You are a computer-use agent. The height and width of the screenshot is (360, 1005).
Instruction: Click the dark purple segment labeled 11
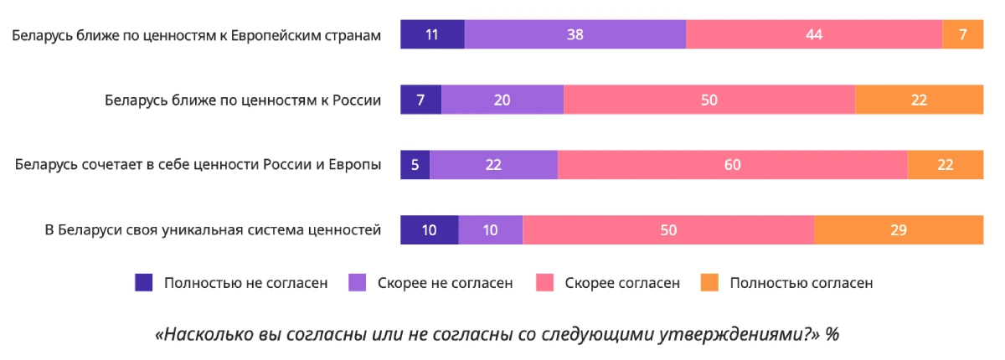(x=432, y=35)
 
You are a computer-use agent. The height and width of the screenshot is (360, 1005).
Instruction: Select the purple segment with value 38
(x=575, y=35)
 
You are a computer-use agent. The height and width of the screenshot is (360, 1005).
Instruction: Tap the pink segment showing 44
(x=814, y=35)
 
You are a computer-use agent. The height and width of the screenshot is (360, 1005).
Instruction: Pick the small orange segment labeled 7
(x=962, y=35)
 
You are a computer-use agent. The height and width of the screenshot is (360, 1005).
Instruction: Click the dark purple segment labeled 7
(x=420, y=100)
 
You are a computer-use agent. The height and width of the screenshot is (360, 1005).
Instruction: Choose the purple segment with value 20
(x=502, y=100)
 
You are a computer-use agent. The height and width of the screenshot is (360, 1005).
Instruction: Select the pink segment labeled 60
(x=732, y=165)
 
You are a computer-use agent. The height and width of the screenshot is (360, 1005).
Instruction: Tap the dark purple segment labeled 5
(x=415, y=165)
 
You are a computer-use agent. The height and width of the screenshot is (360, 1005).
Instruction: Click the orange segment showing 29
(x=899, y=230)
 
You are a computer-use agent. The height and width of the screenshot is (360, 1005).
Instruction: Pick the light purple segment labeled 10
(x=491, y=230)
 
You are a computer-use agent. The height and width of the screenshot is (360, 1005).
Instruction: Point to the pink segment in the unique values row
(x=668, y=230)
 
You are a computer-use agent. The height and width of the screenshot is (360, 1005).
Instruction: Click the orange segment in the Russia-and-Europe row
(x=945, y=165)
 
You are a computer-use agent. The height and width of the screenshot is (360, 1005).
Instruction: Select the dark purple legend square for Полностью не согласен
(x=144, y=283)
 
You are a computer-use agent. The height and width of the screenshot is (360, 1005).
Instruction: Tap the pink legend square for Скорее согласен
(x=544, y=283)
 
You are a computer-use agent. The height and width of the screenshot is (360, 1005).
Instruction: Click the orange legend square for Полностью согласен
(x=709, y=283)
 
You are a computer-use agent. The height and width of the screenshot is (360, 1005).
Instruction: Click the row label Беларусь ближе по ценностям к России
(x=243, y=100)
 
